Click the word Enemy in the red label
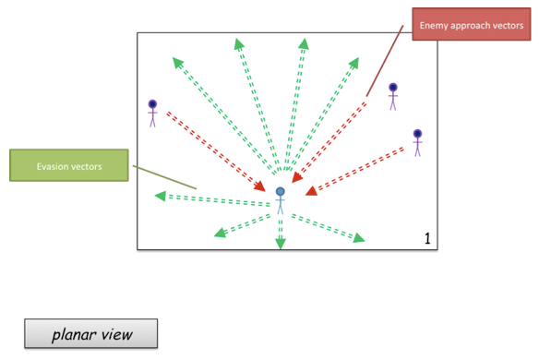pyautogui.click(x=434, y=27)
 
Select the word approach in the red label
pyautogui.click(x=469, y=27)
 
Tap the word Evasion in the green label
pyautogui.click(x=51, y=166)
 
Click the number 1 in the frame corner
pyautogui.click(x=427, y=239)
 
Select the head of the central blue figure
pyautogui.click(x=281, y=192)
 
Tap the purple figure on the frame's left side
pyautogui.click(x=152, y=113)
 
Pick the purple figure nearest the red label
pyautogui.click(x=392, y=95)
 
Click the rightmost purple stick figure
pyautogui.click(x=417, y=141)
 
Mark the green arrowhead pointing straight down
pyautogui.click(x=281, y=244)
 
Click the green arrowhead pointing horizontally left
pyautogui.click(x=161, y=196)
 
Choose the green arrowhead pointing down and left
pyautogui.click(x=221, y=232)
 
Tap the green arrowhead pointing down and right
pyautogui.click(x=358, y=238)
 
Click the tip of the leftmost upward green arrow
pyautogui.click(x=175, y=62)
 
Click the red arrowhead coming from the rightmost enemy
pyautogui.click(x=312, y=192)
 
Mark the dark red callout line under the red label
pyautogui.click(x=384, y=60)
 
